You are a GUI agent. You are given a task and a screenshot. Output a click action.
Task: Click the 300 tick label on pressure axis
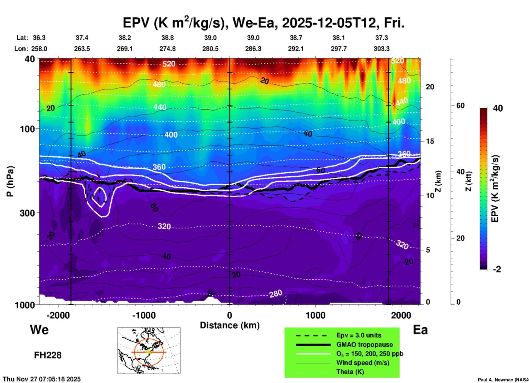[27, 213]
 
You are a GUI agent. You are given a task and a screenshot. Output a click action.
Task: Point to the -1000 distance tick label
[144, 315]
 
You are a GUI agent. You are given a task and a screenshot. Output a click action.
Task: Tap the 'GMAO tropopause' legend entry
[364, 345]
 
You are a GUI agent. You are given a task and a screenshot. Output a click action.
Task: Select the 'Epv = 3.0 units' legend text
[359, 335]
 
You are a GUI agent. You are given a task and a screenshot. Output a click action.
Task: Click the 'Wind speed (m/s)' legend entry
[363, 363]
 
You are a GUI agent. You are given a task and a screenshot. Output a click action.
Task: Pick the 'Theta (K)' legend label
[350, 372]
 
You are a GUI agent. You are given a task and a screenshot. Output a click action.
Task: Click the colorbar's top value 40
[498, 108]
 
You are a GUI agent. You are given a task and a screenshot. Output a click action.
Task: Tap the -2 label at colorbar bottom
[497, 269]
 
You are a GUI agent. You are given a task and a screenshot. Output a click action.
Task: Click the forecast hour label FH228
[48, 355]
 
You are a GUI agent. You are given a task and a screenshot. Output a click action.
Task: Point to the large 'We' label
[39, 329]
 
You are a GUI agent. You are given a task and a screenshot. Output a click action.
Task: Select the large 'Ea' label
[420, 330]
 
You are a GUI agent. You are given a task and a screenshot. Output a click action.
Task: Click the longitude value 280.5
[210, 49]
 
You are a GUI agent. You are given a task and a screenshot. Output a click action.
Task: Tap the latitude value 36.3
[39, 38]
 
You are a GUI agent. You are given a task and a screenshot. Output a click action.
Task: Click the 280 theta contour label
[275, 294]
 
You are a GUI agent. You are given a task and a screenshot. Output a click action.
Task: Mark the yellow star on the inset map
[149, 352]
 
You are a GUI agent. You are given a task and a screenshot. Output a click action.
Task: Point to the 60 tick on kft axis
[460, 106]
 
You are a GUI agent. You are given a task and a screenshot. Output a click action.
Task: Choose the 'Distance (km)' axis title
[230, 325]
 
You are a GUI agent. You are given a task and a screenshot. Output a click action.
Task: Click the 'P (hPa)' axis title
[10, 181]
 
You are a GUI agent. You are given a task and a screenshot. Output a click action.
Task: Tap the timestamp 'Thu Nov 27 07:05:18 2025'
[42, 379]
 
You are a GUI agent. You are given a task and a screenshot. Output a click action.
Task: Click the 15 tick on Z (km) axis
[430, 141]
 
